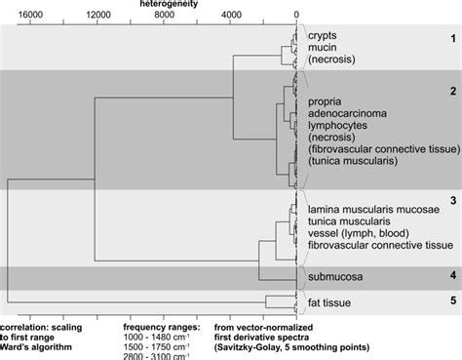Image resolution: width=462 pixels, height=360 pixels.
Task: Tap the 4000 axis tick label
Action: coord(231,16)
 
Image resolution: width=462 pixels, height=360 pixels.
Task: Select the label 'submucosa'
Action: coord(336,277)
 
